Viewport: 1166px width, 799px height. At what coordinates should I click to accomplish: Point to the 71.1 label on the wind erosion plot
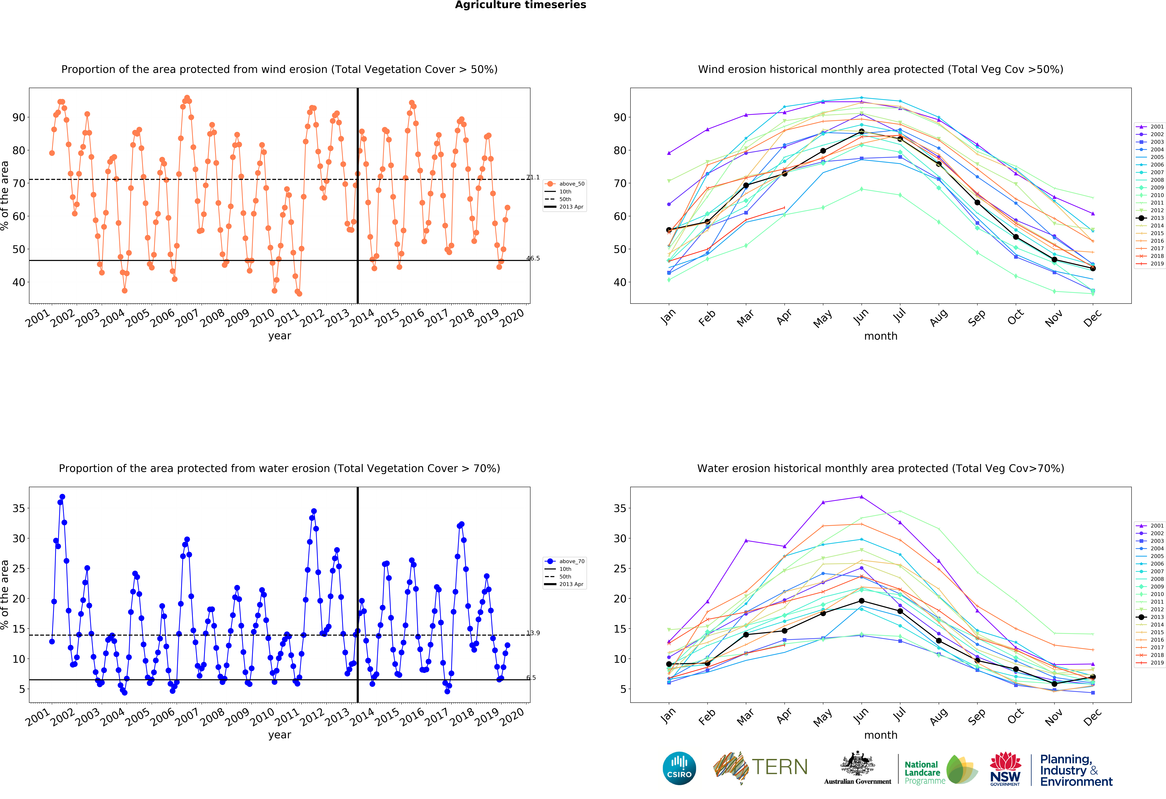pyautogui.click(x=533, y=178)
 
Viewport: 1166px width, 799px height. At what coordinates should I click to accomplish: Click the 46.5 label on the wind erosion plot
pyautogui.click(x=533, y=259)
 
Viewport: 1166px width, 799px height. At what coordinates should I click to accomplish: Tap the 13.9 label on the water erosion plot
pyautogui.click(x=533, y=633)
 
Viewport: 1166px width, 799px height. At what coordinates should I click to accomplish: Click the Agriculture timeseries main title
pyautogui.click(x=520, y=5)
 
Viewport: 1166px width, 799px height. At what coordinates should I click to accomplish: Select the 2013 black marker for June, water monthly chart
pyautogui.click(x=861, y=601)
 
